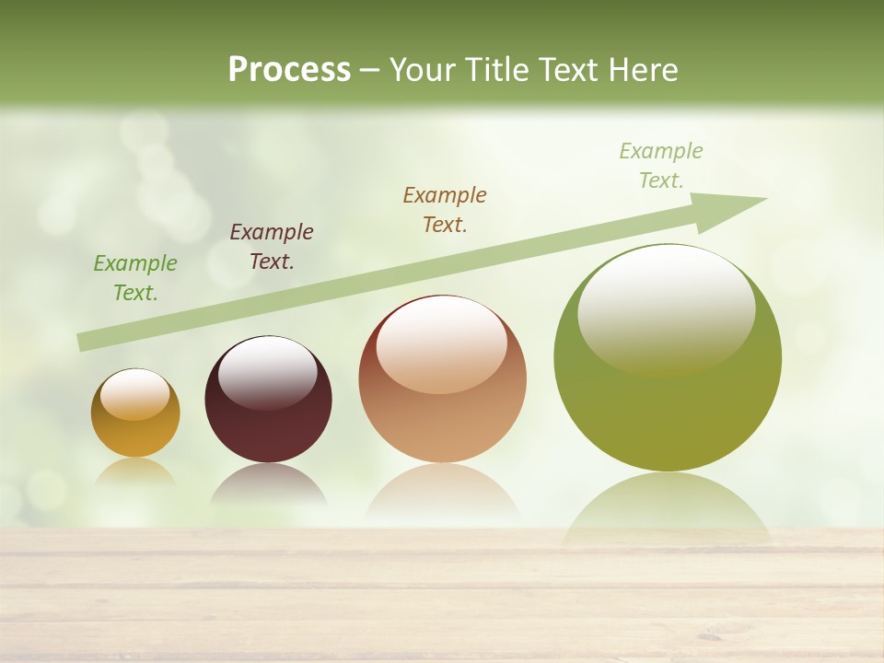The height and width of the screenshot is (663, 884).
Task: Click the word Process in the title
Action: [289, 70]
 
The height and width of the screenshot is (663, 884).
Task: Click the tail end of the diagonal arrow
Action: [85, 342]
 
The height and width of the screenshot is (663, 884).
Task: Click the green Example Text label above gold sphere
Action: [134, 278]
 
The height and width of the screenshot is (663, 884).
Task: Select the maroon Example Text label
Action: [272, 247]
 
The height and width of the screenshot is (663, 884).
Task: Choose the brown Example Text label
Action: [445, 209]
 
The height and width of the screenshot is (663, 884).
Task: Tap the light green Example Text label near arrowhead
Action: [661, 166]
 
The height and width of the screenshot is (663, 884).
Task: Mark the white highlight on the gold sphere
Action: [135, 394]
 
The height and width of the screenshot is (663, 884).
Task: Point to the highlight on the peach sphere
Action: [442, 344]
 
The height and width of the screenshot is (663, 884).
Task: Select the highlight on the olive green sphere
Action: [666, 308]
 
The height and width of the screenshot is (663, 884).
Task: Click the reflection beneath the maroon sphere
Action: [268, 485]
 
